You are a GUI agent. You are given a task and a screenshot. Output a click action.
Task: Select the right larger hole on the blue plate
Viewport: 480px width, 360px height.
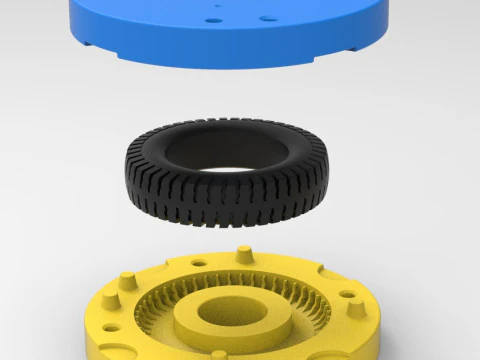(x=264, y=19)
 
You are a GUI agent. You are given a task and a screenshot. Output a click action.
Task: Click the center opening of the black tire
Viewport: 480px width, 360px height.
(x=225, y=160)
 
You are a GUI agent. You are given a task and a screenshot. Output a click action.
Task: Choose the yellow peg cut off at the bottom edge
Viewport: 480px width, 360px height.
(x=219, y=355)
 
